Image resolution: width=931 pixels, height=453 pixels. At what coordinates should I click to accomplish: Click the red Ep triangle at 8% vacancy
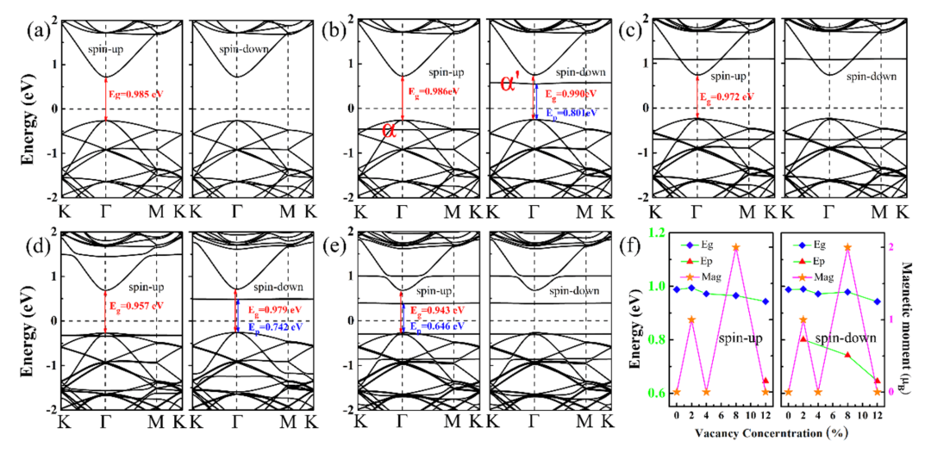848,355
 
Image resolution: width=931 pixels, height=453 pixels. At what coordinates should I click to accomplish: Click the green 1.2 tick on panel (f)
654,233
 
